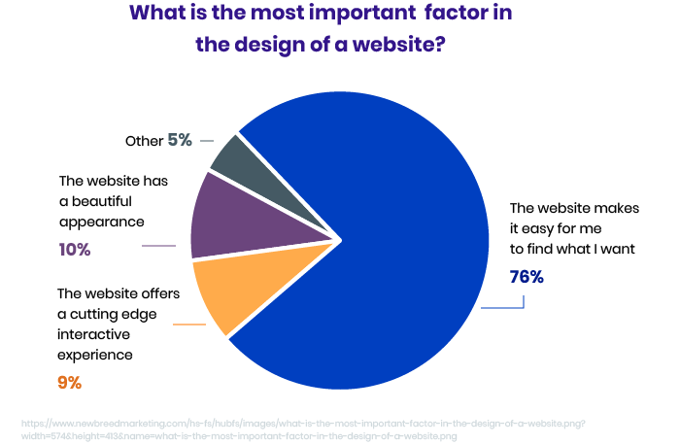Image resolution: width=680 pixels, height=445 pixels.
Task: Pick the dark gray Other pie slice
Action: tap(238, 159)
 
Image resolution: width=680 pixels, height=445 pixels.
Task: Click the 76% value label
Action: tap(527, 277)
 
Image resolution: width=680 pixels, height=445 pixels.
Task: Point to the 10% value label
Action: tap(75, 250)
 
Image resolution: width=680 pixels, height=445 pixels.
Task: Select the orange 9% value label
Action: tap(69, 383)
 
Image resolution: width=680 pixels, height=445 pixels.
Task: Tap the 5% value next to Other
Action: tap(180, 140)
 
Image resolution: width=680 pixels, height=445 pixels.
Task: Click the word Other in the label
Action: tap(144, 141)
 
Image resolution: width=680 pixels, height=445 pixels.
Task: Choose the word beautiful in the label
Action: tap(101, 200)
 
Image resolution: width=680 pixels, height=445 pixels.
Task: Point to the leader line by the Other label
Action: tap(207, 141)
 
